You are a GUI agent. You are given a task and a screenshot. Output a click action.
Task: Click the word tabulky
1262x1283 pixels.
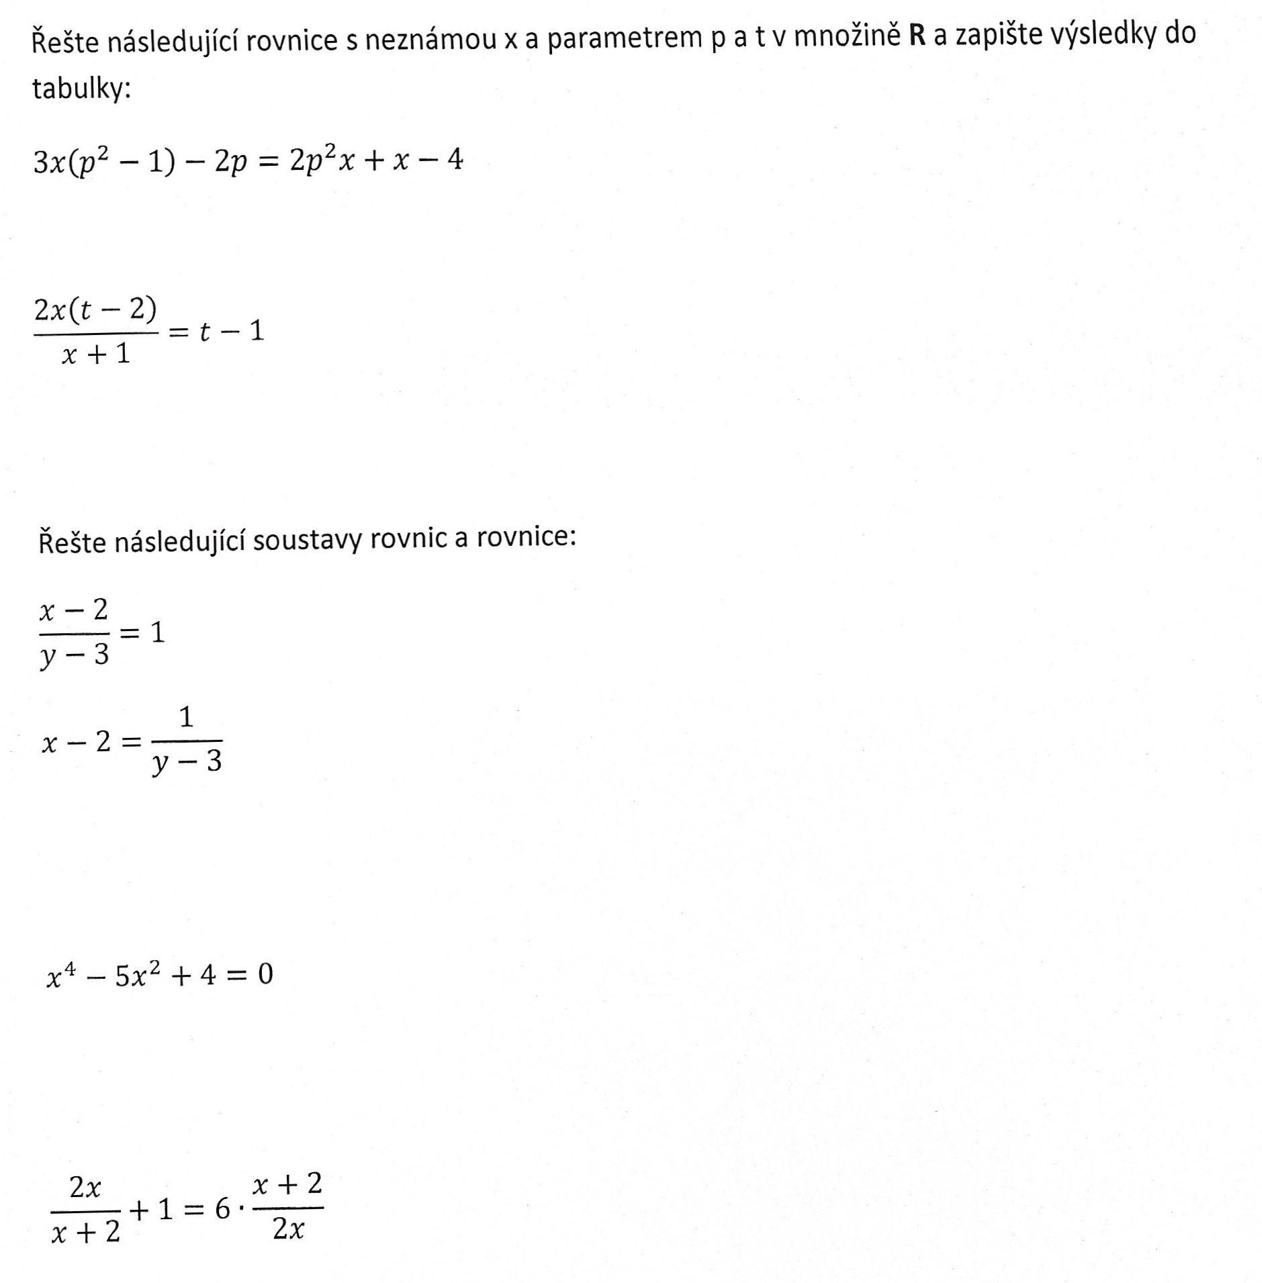click(x=81, y=89)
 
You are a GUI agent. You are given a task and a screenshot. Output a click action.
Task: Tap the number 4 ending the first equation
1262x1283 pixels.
click(x=455, y=160)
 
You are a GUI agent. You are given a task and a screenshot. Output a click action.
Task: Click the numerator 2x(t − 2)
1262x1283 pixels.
click(x=95, y=310)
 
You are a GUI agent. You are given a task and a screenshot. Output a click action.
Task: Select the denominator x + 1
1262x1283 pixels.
click(x=95, y=353)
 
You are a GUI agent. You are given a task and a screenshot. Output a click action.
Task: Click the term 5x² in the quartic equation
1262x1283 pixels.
click(x=138, y=975)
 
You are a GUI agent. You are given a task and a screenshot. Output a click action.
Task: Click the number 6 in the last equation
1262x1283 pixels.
click(x=222, y=1210)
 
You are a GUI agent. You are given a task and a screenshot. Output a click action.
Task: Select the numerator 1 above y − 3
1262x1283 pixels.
click(x=186, y=718)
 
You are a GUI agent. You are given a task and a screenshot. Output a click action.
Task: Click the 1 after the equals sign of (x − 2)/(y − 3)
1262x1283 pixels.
click(x=157, y=632)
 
